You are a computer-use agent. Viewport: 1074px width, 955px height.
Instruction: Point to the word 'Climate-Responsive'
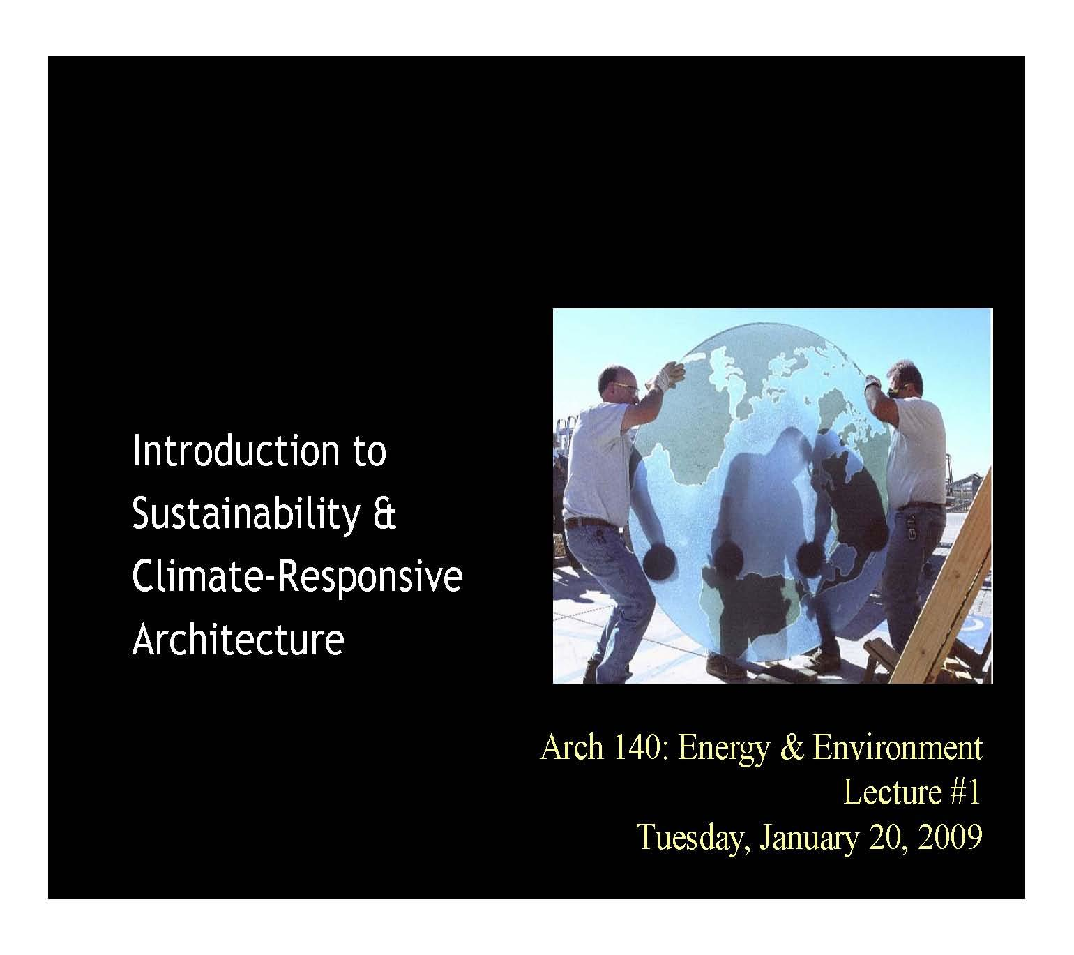click(297, 577)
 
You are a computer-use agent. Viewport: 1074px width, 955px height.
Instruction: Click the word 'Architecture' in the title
click(238, 639)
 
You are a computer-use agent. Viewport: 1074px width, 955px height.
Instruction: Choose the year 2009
click(950, 836)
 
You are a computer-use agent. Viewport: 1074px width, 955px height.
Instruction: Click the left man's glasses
click(626, 388)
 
